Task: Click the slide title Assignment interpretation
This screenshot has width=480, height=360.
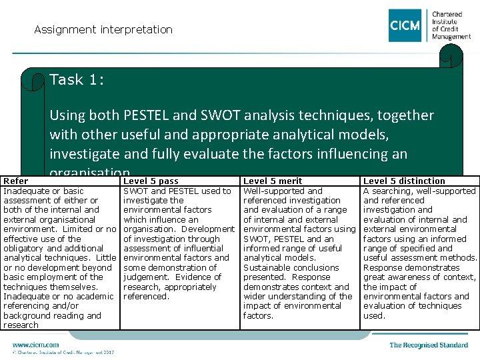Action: [x=103, y=29]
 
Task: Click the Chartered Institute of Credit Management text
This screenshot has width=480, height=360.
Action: [x=451, y=25]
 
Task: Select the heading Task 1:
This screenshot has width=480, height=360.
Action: [x=76, y=80]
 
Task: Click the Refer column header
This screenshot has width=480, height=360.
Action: [x=16, y=181]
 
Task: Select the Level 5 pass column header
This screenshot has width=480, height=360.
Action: [x=151, y=181]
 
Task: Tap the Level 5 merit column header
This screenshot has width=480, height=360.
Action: [x=273, y=181]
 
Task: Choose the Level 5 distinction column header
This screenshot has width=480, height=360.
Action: [x=404, y=181]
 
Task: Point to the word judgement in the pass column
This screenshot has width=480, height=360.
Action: [x=147, y=277]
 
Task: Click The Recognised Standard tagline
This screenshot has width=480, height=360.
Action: [x=429, y=345]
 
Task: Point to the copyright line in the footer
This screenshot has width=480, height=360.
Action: [x=63, y=352]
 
